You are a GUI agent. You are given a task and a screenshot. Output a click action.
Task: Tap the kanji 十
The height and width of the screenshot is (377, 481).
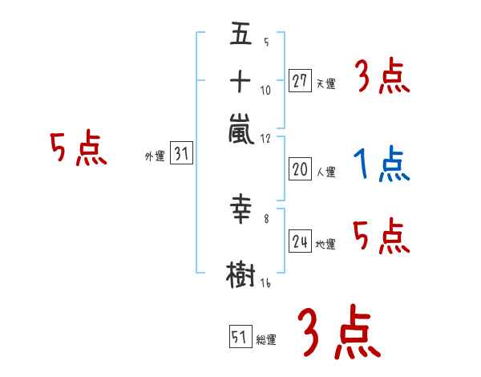pos(240,81)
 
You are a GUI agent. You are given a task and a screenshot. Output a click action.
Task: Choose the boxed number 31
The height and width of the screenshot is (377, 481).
pos(181,155)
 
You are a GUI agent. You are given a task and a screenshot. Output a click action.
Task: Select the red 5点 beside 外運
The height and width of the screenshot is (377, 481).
pos(78,148)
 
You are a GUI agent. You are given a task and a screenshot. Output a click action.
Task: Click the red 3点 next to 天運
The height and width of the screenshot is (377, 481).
pos(382,78)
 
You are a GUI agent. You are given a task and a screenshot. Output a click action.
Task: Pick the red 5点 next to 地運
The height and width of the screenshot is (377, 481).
pos(382,236)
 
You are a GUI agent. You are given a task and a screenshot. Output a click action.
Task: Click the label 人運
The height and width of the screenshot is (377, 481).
pos(325,172)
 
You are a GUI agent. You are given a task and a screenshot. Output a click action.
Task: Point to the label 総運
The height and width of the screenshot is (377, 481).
pos(266,340)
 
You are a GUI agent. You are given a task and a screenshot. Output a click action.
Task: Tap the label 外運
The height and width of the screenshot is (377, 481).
pos(155,157)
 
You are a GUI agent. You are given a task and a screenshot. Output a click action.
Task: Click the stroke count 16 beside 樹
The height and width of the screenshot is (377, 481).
pos(265,282)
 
